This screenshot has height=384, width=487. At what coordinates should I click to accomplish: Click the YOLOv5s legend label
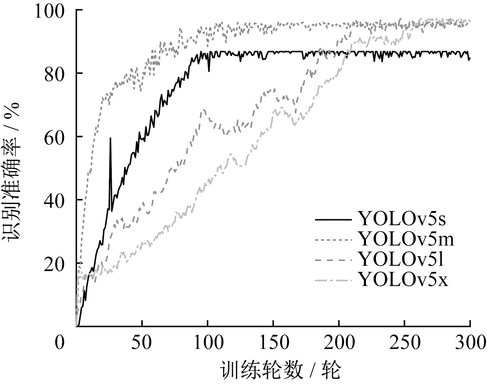pos(402,219)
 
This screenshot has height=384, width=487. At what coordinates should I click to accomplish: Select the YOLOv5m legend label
pos(406,239)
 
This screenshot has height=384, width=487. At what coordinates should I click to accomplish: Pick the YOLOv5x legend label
pos(403,280)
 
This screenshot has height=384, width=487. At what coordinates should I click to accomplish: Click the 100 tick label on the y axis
pos(49,11)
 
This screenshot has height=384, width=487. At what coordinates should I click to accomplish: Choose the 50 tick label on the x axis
pos(142,343)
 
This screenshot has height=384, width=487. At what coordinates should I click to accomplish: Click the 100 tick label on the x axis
pos(207,343)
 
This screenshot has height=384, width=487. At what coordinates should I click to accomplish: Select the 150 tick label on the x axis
pos(273,343)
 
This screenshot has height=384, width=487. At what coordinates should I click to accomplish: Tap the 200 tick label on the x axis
pos(339,343)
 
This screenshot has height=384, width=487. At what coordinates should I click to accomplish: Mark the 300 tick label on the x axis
pos(469,343)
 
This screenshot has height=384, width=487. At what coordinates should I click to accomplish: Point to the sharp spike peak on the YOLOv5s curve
pos(110,138)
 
